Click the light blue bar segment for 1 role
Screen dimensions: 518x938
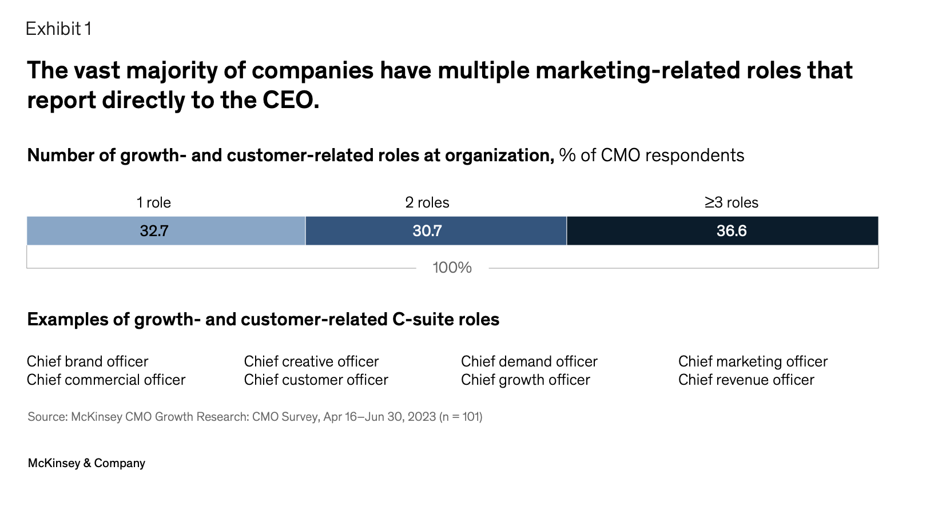pyautogui.click(x=86, y=231)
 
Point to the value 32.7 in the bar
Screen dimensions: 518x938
pyautogui.click(x=154, y=231)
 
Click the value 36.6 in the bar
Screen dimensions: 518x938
pyautogui.click(x=732, y=231)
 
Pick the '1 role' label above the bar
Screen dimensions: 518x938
pyautogui.click(x=153, y=202)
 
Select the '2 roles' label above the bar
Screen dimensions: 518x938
pyautogui.click(x=427, y=202)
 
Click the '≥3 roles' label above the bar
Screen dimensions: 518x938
pyautogui.click(x=731, y=202)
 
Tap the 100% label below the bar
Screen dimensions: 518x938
pyautogui.click(x=452, y=268)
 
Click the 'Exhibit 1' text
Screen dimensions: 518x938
pyautogui.click(x=58, y=29)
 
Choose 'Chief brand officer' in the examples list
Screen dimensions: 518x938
pyautogui.click(x=88, y=361)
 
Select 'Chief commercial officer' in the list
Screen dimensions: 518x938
pyautogui.click(x=106, y=380)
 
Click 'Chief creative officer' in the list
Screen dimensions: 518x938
pyautogui.click(x=311, y=361)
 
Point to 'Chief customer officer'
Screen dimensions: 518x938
pyautogui.click(x=316, y=380)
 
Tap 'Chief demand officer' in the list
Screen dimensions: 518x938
pyautogui.click(x=529, y=361)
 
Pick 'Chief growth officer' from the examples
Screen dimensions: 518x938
pyautogui.click(x=525, y=380)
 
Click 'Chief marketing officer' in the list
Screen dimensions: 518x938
pyautogui.click(x=753, y=361)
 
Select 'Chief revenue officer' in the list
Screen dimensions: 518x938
pyautogui.click(x=746, y=380)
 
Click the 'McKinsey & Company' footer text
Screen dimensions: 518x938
pyautogui.click(x=86, y=463)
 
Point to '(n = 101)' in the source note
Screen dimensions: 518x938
pyautogui.click(x=461, y=417)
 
